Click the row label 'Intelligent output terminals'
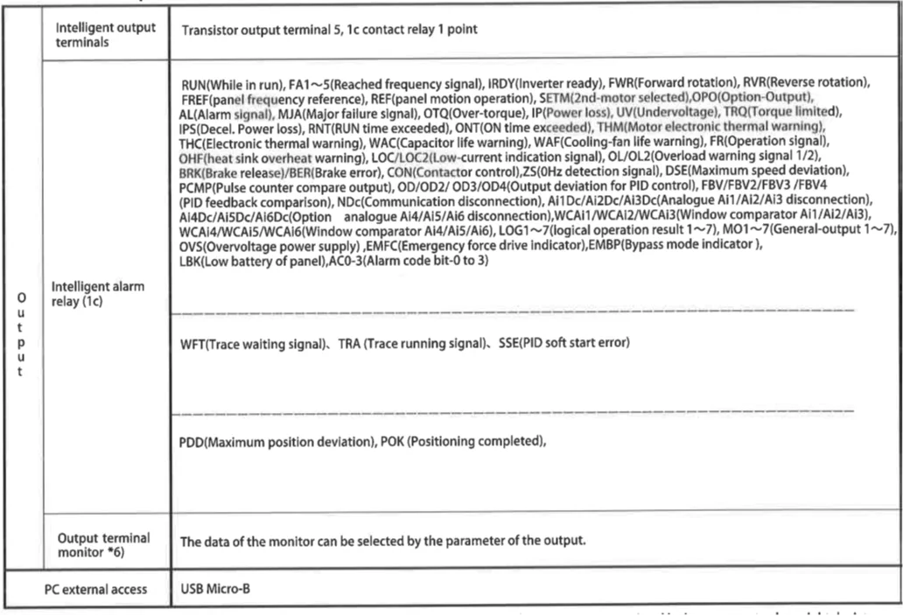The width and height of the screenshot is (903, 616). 106,34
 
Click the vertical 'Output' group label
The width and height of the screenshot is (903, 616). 21,334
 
